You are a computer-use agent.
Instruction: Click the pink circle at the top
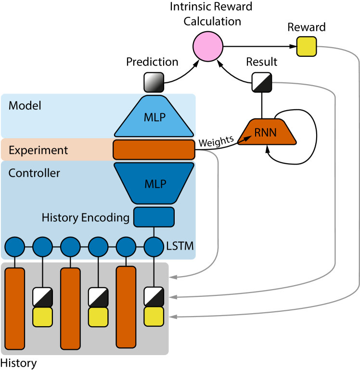(208, 47)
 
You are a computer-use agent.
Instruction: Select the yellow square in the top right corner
(307, 46)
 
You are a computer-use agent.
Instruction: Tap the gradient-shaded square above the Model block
(154, 82)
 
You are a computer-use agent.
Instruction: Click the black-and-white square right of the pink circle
(262, 82)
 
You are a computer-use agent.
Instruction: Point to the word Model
(25, 105)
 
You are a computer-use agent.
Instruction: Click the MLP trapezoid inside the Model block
(154, 116)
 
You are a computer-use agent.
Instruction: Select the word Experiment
(39, 150)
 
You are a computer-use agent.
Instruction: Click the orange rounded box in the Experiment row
(154, 150)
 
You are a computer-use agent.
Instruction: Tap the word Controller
(34, 173)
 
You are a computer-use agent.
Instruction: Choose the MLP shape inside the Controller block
(154, 183)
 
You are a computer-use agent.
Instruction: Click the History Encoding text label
(85, 217)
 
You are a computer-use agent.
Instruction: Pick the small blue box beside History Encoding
(154, 217)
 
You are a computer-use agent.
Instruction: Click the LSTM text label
(180, 246)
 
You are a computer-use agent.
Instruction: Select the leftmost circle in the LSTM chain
(14, 247)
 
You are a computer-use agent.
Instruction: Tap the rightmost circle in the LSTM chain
(154, 247)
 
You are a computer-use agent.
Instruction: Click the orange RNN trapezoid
(268, 132)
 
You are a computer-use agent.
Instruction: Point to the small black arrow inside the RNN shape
(245, 139)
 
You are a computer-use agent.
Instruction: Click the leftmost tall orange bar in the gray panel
(14, 308)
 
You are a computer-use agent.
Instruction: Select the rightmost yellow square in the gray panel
(154, 316)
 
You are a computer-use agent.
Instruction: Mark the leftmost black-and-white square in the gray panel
(42, 297)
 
